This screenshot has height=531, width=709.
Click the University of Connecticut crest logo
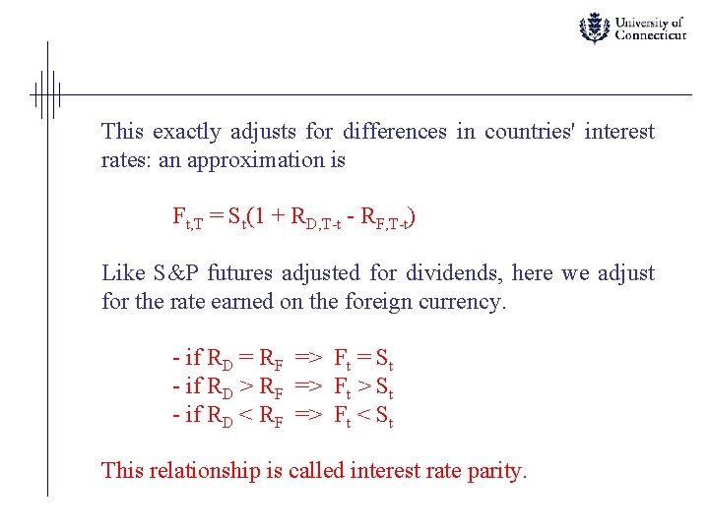[x=594, y=28]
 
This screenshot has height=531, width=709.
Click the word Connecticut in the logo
[x=650, y=35]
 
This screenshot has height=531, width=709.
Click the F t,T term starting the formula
[x=187, y=218]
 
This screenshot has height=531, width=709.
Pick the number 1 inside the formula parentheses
[x=263, y=216]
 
